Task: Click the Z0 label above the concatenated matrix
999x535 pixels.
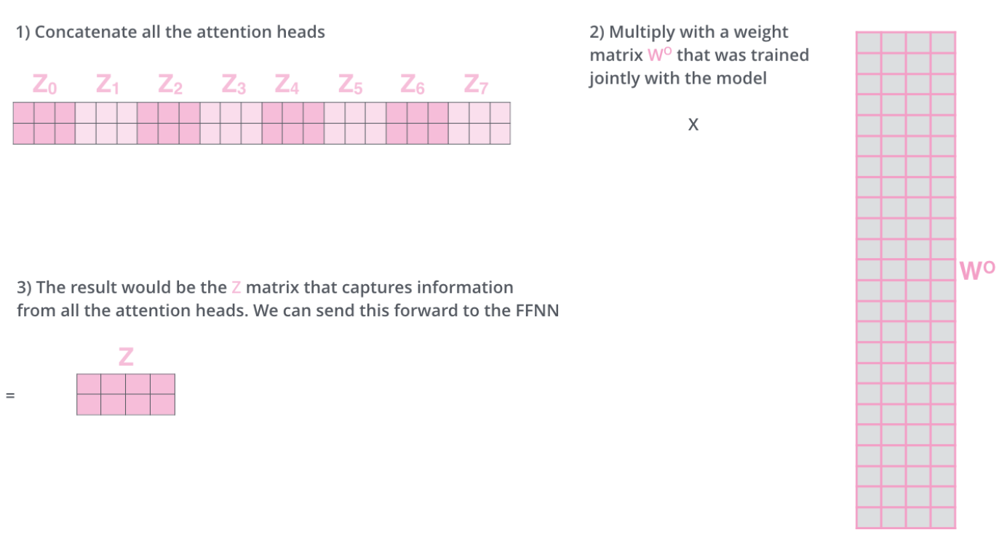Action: [44, 86]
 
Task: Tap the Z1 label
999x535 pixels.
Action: [107, 86]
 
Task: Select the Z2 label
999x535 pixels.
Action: [170, 86]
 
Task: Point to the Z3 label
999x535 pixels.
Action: [233, 86]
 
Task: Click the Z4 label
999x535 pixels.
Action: [287, 86]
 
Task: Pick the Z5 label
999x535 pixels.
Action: [350, 86]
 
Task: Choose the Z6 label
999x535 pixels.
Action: [413, 86]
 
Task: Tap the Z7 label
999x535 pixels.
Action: [476, 86]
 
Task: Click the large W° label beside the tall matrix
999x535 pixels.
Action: [976, 270]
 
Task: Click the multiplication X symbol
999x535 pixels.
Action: [693, 125]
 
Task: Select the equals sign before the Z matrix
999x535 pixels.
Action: [10, 396]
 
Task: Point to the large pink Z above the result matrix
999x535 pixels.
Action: [126, 357]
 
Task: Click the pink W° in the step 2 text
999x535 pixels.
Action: [659, 55]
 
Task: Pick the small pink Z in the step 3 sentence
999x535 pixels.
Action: [236, 287]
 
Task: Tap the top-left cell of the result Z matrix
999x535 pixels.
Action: [89, 384]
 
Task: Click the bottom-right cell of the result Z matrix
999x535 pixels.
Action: [163, 404]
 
